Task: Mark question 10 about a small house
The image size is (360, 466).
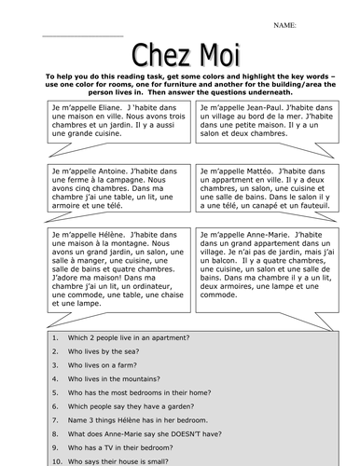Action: pyautogui.click(x=121, y=462)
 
